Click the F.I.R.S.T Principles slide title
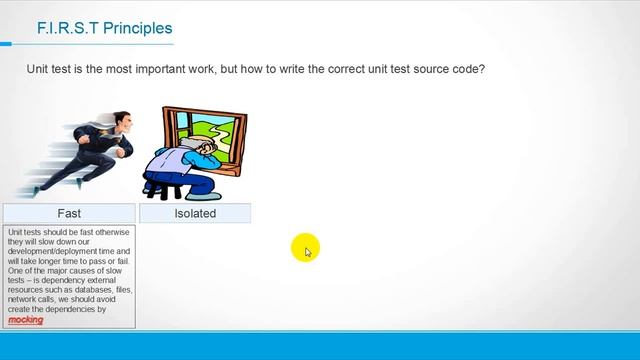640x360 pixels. [104, 29]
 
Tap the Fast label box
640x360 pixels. [68, 213]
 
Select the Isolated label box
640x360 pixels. [195, 213]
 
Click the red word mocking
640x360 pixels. [25, 320]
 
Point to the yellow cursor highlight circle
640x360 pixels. [305, 248]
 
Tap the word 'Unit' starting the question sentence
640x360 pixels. [39, 70]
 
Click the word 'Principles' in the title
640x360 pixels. [138, 29]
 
